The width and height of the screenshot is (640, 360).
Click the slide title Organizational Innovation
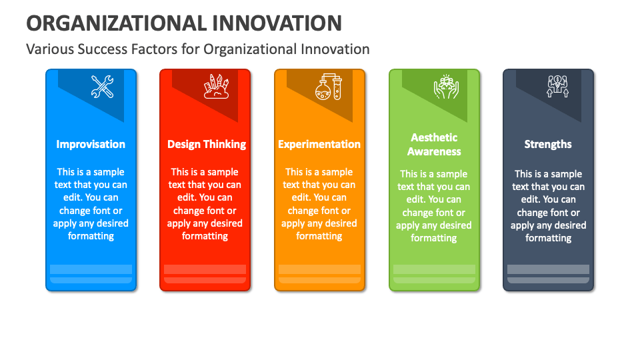point(183,23)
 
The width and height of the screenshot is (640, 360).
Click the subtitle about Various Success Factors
point(197,49)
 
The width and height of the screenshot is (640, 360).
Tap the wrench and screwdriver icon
point(102,87)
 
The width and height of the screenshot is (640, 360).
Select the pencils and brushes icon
point(216,87)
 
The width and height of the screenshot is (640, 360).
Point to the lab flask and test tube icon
point(329,87)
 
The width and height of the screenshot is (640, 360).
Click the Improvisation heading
point(91,144)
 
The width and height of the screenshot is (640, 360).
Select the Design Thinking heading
point(206,144)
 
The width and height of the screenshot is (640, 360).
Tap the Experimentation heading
point(319,144)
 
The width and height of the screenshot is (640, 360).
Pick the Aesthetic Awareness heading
point(434,145)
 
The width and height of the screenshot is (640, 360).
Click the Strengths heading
point(548,144)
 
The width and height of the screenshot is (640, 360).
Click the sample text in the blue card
point(91,204)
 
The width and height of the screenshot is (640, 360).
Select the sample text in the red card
point(205,204)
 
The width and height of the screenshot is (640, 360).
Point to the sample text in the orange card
point(319,204)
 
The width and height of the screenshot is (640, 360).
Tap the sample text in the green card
point(434,206)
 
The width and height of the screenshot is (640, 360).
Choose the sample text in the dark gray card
point(548,206)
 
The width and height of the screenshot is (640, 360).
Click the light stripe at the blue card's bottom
point(91,269)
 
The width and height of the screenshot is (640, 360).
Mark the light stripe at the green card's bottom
point(434,269)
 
